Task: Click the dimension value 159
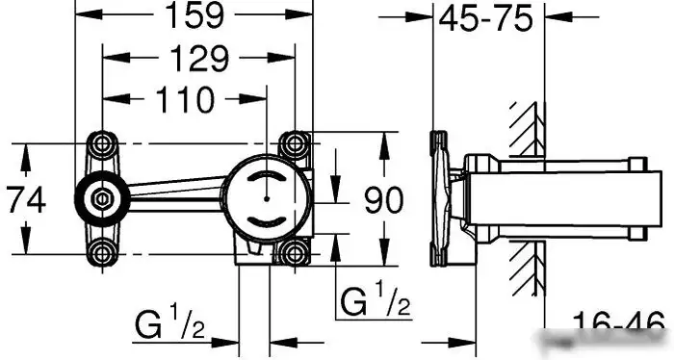click(x=194, y=15)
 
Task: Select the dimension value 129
click(x=200, y=59)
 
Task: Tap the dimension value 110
click(x=185, y=100)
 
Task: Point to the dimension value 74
click(x=26, y=200)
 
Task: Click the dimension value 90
click(x=384, y=200)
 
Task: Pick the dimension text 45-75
click(x=485, y=19)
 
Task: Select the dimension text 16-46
click(x=619, y=325)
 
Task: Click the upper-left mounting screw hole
click(x=102, y=143)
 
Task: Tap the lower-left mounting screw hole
click(x=102, y=252)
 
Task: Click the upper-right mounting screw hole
click(x=295, y=143)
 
